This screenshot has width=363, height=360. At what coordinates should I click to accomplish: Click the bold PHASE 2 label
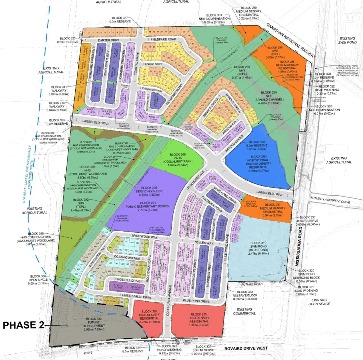pyautogui.click(x=23, y=325)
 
